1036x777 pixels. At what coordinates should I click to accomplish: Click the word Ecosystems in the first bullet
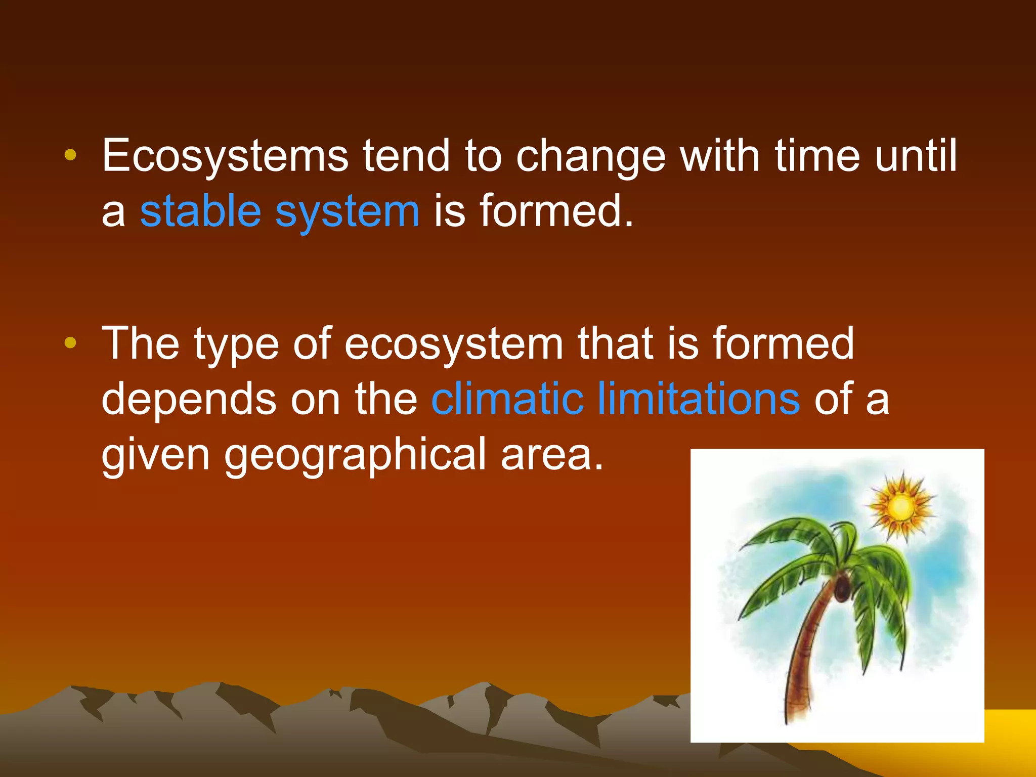point(225,156)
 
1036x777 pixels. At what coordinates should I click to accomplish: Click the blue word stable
point(200,211)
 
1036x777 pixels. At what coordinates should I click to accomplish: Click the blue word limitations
point(699,399)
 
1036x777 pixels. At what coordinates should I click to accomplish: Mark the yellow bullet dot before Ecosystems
point(70,155)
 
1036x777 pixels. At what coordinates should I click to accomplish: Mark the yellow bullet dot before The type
point(70,343)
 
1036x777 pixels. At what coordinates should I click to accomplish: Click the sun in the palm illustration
point(900,506)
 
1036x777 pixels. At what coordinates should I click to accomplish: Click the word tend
point(406,156)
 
